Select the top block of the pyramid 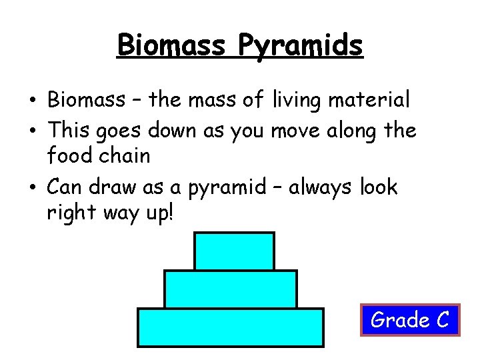pyautogui.click(x=234, y=251)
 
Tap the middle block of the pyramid pyautogui.click(x=230, y=289)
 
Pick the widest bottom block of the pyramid pyautogui.click(x=230, y=327)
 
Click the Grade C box pyautogui.click(x=410, y=320)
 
